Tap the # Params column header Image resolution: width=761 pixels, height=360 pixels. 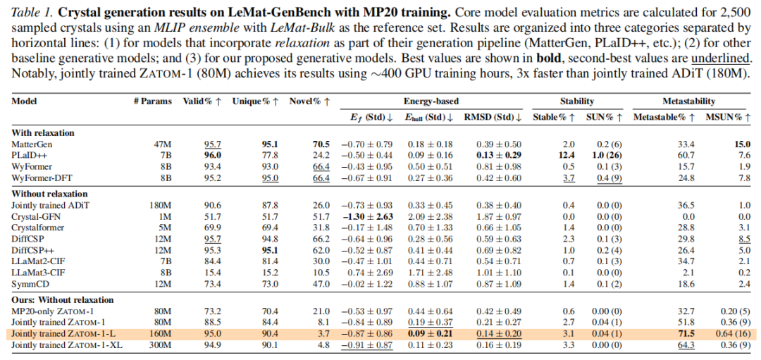click(151, 101)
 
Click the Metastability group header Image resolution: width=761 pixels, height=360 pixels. click(688, 101)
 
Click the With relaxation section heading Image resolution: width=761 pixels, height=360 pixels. click(43, 132)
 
